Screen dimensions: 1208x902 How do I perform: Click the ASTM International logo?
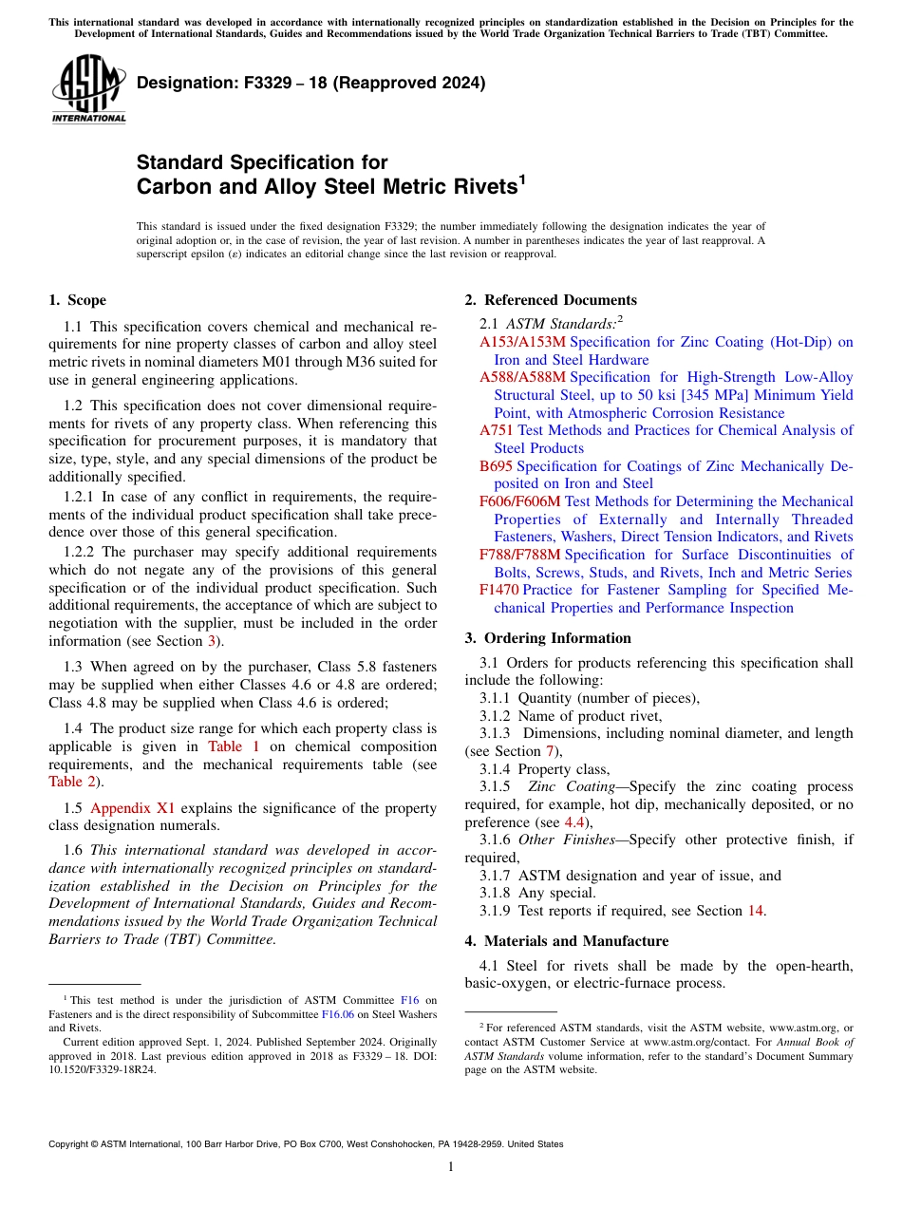[89, 89]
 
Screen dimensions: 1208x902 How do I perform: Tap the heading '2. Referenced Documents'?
[551, 300]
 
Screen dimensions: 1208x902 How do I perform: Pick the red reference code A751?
[496, 430]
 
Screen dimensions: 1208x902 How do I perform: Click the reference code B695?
[496, 466]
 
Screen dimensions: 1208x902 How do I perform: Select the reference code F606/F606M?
[519, 501]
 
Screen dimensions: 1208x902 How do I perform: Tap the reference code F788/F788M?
[519, 555]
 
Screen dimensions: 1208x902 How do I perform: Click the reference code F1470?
[498, 590]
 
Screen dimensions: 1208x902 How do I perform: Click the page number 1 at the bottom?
[451, 1166]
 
